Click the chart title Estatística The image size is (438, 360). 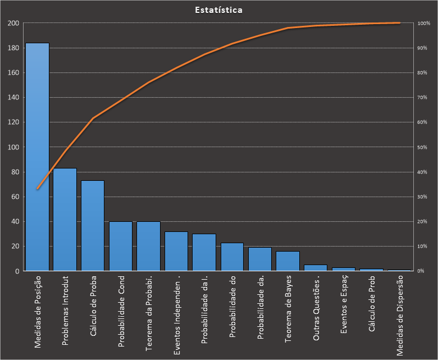[x=219, y=10]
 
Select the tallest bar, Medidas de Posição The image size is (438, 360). [x=37, y=157]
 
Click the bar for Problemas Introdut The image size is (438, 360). [x=65, y=220]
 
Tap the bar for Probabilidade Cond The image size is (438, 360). [x=121, y=246]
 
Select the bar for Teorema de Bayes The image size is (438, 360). [x=288, y=261]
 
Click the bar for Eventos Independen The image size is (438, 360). [x=176, y=251]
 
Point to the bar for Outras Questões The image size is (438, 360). [x=316, y=268]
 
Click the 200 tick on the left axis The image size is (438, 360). [x=13, y=23]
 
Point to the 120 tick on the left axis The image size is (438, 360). [x=13, y=122]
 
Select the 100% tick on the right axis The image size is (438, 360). [x=424, y=23]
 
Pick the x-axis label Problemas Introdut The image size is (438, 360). [x=65, y=310]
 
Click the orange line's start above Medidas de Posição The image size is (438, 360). [x=37, y=189]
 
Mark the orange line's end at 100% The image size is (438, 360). [x=399, y=23]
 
